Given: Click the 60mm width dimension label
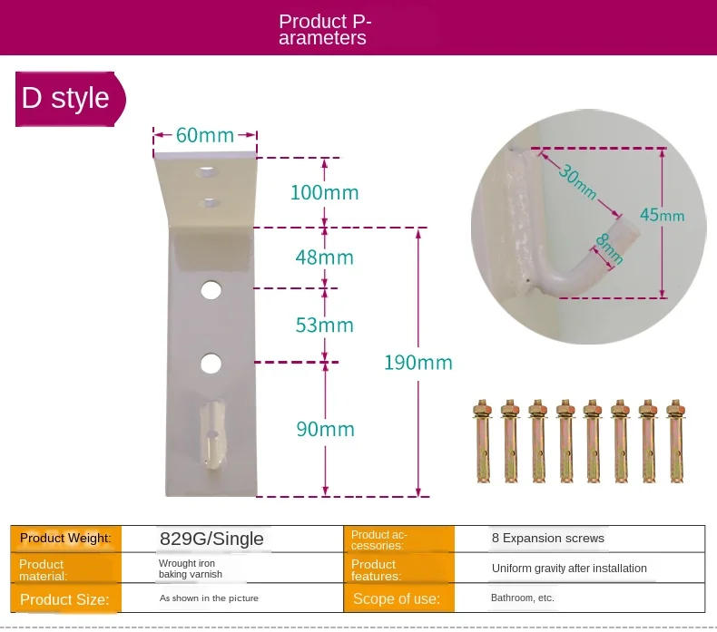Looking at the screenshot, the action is coord(205,135).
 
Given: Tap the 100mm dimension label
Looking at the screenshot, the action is coord(325,192).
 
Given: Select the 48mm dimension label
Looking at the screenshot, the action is coord(325,258).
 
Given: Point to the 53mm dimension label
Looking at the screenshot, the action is coord(325,326).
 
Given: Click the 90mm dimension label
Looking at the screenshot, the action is coord(325,429).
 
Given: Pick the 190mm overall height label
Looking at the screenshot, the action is coord(417,363).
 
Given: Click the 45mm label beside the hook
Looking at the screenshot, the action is coord(663,215).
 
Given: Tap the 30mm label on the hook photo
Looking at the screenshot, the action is coord(578,181).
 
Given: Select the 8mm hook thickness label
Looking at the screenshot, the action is coord(610,249).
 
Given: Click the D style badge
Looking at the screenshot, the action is coord(70,99).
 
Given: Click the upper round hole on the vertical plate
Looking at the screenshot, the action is coord(211,290).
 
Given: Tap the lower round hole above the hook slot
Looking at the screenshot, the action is coord(211,364).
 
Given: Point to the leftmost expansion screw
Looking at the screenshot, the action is coord(483,441).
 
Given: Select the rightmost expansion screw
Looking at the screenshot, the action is coord(676,441).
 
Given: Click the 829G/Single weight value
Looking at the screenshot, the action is coord(211,539).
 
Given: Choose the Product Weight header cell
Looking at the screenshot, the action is coord(66,539).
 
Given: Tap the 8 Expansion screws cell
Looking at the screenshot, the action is coord(548,539).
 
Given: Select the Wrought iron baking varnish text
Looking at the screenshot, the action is coord(191,569).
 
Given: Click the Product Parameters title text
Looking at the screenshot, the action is coord(325,30).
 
